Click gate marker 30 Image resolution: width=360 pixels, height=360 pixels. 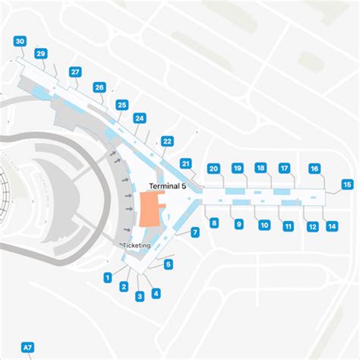(x=20, y=41)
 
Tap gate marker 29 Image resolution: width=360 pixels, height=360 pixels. (x=40, y=53)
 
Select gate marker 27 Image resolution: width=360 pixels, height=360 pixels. (x=75, y=72)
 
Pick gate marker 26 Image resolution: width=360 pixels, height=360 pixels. (x=99, y=87)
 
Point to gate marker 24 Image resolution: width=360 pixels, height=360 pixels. (x=139, y=118)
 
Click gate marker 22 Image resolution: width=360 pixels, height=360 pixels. (x=167, y=141)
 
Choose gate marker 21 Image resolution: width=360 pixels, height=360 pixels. (x=185, y=163)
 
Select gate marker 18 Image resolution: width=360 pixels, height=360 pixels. (x=261, y=168)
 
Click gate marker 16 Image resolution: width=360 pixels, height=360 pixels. (x=314, y=169)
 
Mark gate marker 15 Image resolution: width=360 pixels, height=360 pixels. (x=347, y=184)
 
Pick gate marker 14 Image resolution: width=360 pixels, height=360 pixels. (x=332, y=226)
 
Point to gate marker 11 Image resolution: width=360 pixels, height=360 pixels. (x=289, y=226)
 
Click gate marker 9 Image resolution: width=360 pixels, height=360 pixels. (x=238, y=224)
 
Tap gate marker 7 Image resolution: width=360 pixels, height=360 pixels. (x=195, y=232)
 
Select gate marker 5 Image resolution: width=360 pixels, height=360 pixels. (x=169, y=264)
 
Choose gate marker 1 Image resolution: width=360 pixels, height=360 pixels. (x=109, y=277)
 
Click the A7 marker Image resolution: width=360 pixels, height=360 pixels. (x=27, y=348)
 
